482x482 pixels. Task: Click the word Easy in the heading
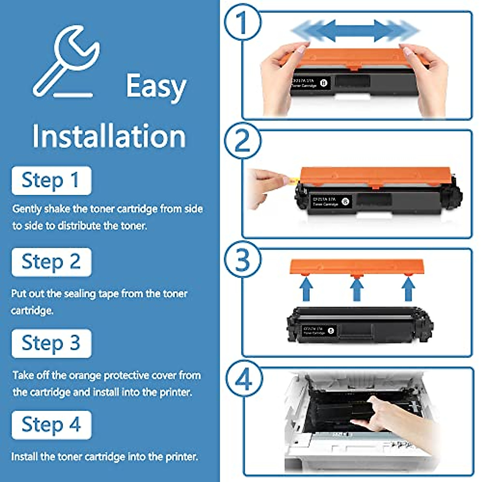(x=156, y=86)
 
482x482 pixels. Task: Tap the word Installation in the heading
(x=109, y=136)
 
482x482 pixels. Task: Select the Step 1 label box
(x=51, y=180)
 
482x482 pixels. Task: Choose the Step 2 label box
(x=51, y=262)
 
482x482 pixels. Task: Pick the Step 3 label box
(x=51, y=343)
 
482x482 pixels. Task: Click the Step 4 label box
(x=51, y=425)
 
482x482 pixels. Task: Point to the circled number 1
(x=242, y=22)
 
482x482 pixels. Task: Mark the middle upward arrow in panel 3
(x=357, y=289)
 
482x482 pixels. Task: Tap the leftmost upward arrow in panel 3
(x=306, y=289)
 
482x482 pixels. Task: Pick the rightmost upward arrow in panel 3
(x=408, y=289)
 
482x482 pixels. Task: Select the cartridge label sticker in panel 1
(x=310, y=83)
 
